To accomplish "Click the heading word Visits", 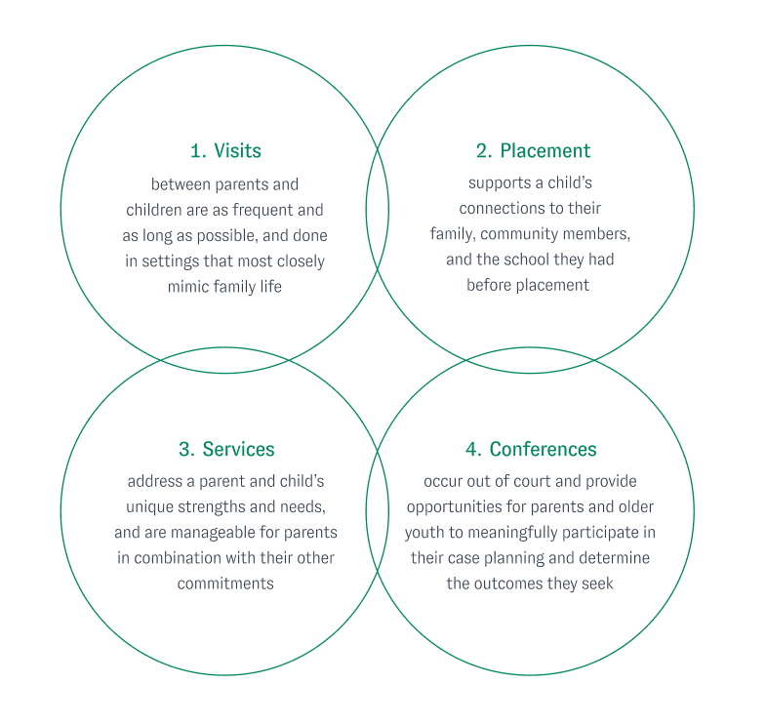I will pos(237,151).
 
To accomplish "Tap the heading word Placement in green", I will pos(545,151).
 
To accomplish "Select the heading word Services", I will pos(239,450).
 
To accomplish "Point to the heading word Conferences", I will pos(544,450).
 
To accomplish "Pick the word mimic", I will pos(189,286).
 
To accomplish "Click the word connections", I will pos(504,209).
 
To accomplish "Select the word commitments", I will pos(225,583).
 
